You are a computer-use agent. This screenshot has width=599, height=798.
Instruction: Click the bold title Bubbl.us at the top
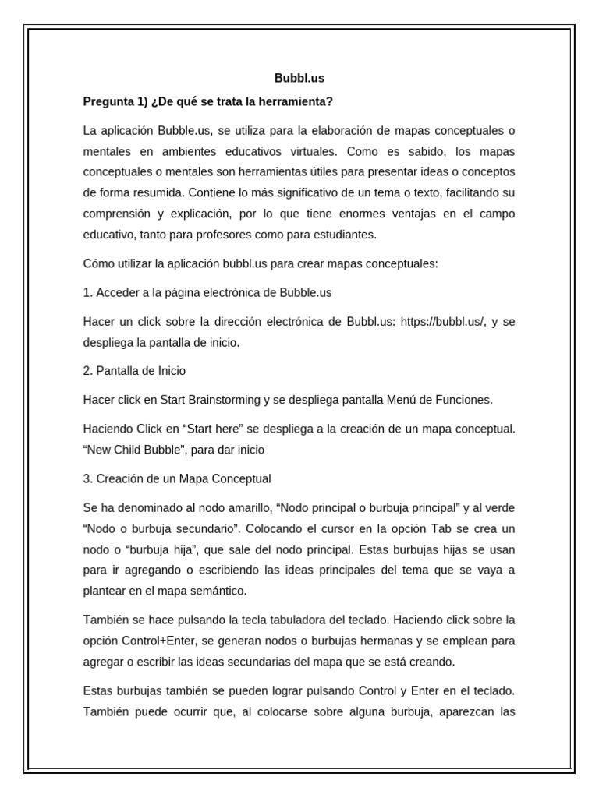(x=299, y=78)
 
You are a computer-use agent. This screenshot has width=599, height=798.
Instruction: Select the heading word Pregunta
(x=109, y=101)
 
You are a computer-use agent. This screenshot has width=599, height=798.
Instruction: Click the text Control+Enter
(x=157, y=641)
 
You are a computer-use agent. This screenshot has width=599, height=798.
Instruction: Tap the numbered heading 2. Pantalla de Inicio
(x=134, y=370)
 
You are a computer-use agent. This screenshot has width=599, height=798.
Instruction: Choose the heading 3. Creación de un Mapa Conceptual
(x=177, y=478)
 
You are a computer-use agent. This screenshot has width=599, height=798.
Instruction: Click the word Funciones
(x=463, y=400)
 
